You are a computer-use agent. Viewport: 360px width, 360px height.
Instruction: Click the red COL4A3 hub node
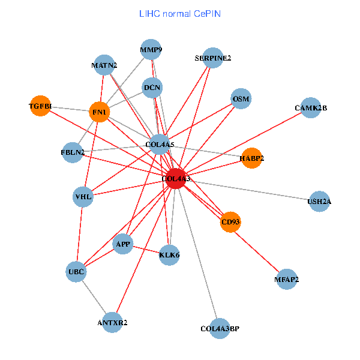point(175,179)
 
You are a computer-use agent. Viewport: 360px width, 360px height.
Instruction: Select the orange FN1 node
point(100,112)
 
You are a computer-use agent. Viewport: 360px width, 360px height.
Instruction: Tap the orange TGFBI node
point(40,106)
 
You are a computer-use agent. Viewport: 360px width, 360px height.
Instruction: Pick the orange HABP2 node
point(251,158)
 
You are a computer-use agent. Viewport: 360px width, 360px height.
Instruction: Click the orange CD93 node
point(230,222)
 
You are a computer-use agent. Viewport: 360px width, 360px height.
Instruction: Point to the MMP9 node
point(151,50)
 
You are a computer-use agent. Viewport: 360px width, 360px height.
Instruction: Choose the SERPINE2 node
point(212,58)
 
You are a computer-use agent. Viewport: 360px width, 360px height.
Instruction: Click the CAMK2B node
point(311,108)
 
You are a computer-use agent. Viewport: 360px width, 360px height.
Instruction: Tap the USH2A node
point(319,202)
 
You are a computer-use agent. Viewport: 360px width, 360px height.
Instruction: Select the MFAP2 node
point(287,279)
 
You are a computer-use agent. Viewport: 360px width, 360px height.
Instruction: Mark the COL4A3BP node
point(220,328)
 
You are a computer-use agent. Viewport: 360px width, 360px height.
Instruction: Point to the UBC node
point(76,272)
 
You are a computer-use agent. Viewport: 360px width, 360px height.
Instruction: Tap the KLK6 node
point(170,255)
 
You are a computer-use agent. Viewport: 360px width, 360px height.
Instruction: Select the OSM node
point(241,98)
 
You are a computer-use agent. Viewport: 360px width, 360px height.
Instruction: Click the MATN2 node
point(104,65)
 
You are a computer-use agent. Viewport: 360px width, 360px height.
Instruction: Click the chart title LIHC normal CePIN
point(180,13)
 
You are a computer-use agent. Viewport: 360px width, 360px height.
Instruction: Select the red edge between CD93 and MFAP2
point(259,251)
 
